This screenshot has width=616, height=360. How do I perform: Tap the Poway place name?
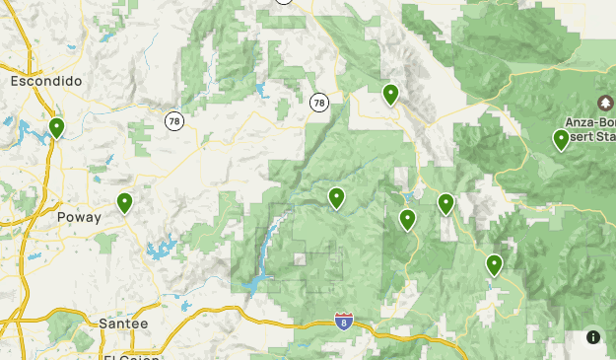[x=79, y=217]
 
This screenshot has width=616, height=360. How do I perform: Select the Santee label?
[x=123, y=323]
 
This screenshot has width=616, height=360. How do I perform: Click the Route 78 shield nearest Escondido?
[x=174, y=120]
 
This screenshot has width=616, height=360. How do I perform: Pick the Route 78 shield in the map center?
[x=318, y=102]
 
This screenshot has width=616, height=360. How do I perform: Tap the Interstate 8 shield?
[x=343, y=322]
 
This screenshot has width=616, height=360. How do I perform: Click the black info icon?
[x=593, y=337]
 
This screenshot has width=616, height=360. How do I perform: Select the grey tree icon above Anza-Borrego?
[x=604, y=103]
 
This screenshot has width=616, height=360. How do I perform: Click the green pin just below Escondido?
[x=57, y=128]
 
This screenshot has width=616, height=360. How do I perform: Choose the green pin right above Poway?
[x=125, y=203]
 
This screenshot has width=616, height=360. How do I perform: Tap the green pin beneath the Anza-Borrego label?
[x=561, y=140]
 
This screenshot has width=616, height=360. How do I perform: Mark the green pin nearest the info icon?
[x=494, y=264]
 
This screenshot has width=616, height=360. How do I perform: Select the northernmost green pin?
[x=390, y=95]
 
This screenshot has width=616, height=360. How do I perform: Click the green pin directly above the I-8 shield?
[x=337, y=198]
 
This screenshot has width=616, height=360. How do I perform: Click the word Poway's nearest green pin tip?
[x=125, y=214]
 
